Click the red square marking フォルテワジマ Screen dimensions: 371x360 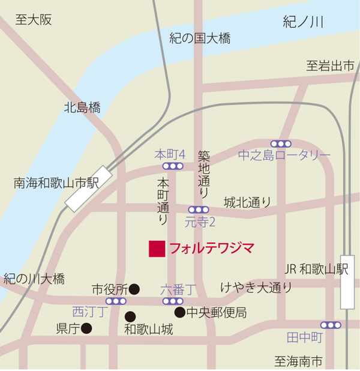[157, 249]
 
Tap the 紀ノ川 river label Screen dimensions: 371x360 [303, 23]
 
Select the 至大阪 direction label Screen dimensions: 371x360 [34, 20]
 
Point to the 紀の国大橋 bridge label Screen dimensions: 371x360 [200, 39]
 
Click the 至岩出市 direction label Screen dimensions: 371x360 [331, 66]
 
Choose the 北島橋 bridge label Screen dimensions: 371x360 [82, 108]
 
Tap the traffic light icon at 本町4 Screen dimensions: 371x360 [173, 166]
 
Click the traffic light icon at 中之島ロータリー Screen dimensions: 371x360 [280, 143]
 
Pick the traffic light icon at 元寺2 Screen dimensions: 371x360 [199, 210]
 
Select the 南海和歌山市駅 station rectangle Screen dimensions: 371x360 [89, 189]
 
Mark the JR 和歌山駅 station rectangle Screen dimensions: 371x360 [347, 282]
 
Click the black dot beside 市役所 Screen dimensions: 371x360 [134, 289]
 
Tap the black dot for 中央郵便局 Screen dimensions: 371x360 [179, 312]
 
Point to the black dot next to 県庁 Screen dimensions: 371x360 [86, 328]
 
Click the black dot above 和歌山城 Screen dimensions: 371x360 [130, 316]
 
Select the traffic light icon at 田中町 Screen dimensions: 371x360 [331, 325]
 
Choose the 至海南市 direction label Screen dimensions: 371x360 [298, 361]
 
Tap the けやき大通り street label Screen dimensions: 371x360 [256, 288]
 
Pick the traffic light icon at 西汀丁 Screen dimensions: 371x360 [116, 301]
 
